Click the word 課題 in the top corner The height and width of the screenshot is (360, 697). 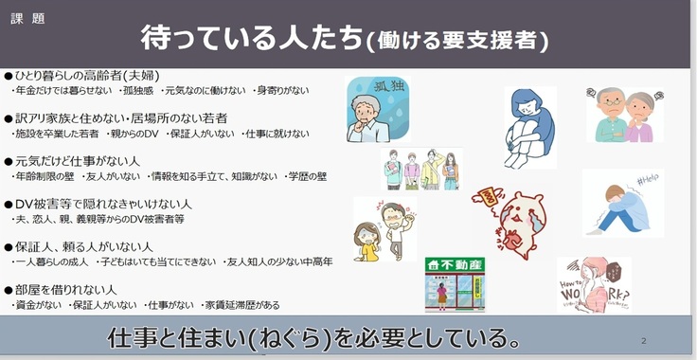[x=25, y=18]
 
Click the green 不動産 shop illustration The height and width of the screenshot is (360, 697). [x=455, y=282]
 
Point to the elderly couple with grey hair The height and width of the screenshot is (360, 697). [x=624, y=114]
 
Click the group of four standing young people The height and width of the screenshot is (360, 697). [x=421, y=171]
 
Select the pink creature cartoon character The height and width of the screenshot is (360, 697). [x=517, y=222]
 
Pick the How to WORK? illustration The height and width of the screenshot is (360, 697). [x=593, y=284]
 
